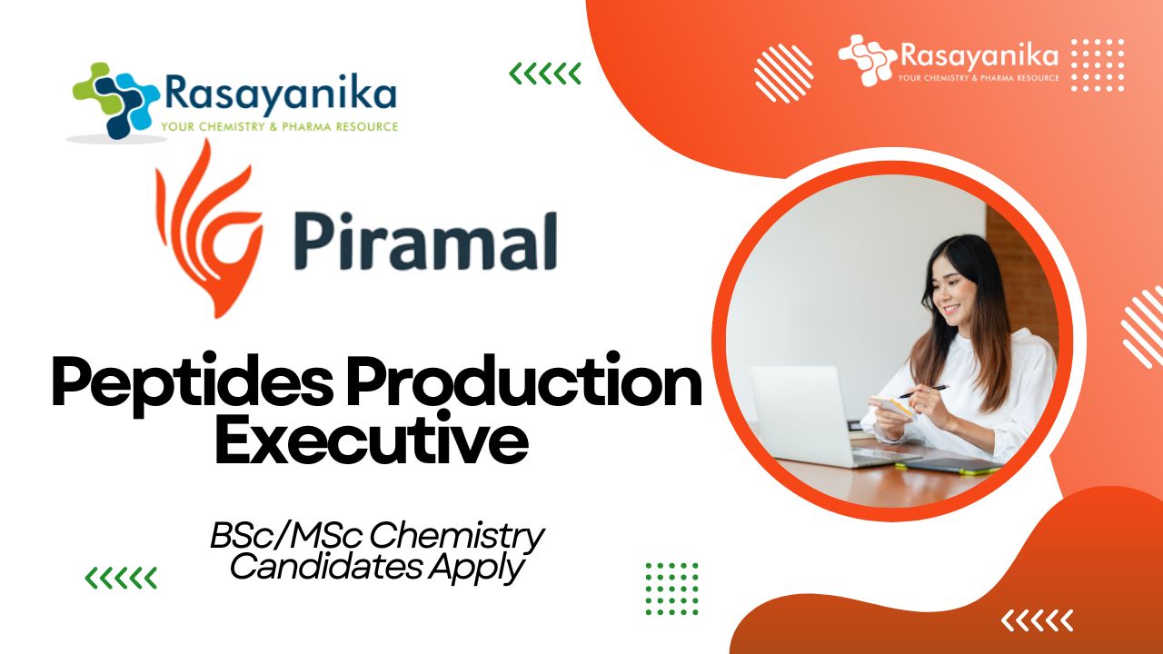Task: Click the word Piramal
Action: (x=426, y=242)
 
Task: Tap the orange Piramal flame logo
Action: (x=208, y=228)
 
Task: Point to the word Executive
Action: (x=372, y=439)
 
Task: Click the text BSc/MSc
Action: (x=285, y=536)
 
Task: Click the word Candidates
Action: (x=325, y=566)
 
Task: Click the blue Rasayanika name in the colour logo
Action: (x=281, y=94)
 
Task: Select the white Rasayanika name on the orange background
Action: (x=979, y=55)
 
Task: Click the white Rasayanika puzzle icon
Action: (x=868, y=60)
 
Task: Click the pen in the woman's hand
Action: (x=924, y=391)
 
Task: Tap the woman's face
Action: (x=954, y=293)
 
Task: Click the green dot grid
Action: (x=671, y=589)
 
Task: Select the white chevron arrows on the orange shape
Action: (x=1037, y=620)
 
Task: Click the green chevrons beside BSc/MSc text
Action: (x=121, y=579)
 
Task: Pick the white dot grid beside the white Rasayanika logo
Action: (x=1098, y=64)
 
